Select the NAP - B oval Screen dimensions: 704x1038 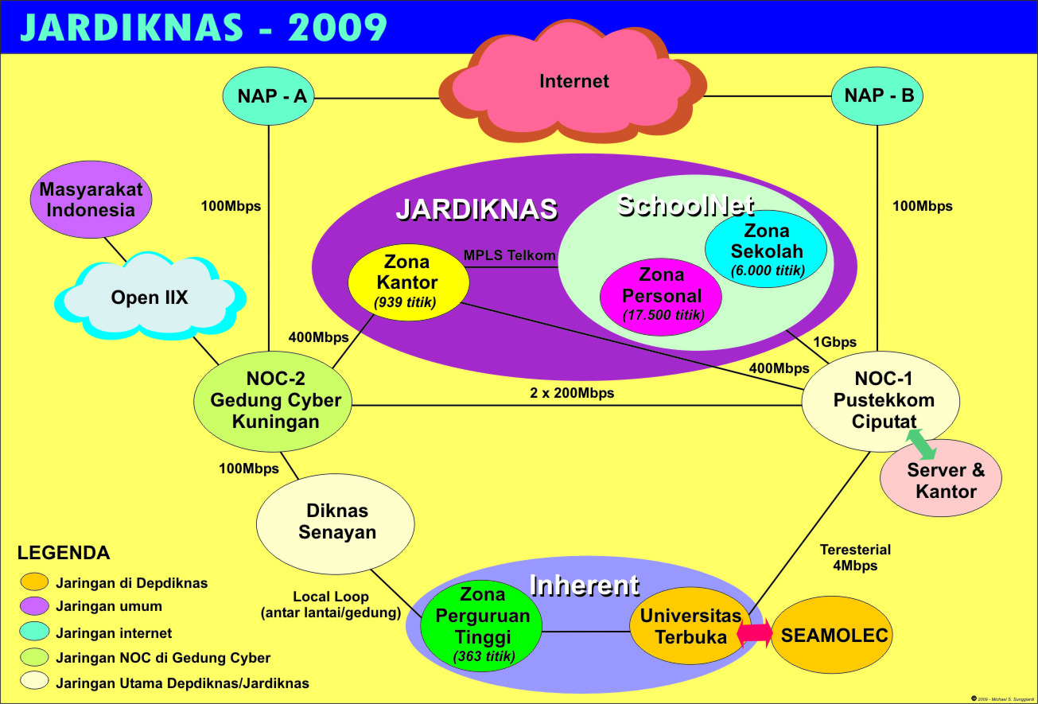(877, 96)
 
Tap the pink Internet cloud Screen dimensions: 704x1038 (573, 81)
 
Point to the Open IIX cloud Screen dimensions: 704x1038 (150, 298)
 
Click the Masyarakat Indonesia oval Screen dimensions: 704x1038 (91, 200)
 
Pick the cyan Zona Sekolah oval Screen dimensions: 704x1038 (766, 248)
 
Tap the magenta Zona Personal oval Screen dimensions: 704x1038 (661, 294)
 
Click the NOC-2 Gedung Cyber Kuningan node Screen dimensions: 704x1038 (275, 400)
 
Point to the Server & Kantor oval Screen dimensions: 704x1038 (946, 480)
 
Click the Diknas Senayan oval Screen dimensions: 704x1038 (336, 522)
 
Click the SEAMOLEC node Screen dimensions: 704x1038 (834, 635)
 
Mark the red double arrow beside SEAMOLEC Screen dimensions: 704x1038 (755, 633)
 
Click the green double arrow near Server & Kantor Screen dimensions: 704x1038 (921, 444)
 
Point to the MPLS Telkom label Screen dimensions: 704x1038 (509, 255)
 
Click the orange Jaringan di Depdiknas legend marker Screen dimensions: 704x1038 (35, 582)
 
